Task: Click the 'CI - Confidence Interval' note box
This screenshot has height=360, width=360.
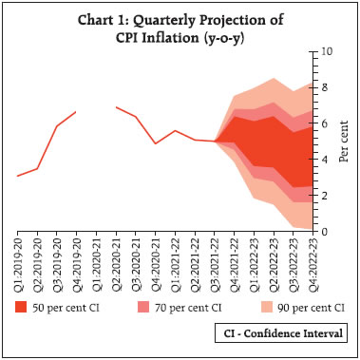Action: (x=278, y=333)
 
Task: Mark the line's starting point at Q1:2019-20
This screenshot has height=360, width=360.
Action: (x=17, y=176)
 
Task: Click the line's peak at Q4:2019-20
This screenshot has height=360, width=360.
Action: (x=76, y=111)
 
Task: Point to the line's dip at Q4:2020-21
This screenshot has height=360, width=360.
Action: (x=156, y=143)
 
